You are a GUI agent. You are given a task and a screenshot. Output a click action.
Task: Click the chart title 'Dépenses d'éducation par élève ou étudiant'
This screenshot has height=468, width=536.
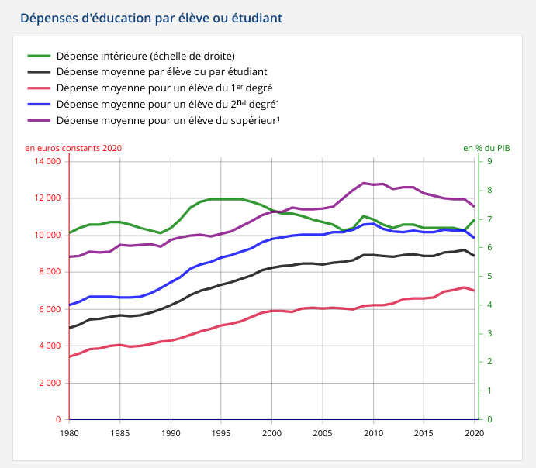click(x=150, y=17)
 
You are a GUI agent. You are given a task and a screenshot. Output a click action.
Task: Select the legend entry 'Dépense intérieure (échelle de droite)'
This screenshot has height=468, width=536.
click(x=145, y=56)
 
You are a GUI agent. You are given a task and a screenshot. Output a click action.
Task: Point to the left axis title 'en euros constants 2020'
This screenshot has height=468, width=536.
click(x=73, y=148)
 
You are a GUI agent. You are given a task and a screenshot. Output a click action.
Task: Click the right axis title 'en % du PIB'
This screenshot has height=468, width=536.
click(x=486, y=148)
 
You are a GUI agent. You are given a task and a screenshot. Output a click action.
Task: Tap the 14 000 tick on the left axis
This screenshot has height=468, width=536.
click(x=47, y=161)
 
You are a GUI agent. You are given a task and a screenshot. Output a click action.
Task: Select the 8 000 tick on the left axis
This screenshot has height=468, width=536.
click(x=50, y=272)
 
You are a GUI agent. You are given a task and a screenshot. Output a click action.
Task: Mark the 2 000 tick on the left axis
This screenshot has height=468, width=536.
click(x=50, y=383)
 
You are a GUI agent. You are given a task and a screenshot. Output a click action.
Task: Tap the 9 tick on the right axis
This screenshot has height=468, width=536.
click(x=489, y=161)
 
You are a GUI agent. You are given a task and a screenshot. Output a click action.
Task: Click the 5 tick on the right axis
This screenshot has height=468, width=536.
click(x=489, y=277)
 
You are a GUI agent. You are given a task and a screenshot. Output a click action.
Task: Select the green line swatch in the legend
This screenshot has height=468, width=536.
click(x=39, y=56)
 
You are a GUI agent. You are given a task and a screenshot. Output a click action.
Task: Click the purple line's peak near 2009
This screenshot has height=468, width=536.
click(x=364, y=183)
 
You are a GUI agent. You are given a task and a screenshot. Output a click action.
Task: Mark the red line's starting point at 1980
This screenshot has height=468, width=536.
click(x=70, y=356)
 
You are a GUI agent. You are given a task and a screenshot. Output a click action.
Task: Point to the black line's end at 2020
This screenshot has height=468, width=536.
click(x=474, y=256)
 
